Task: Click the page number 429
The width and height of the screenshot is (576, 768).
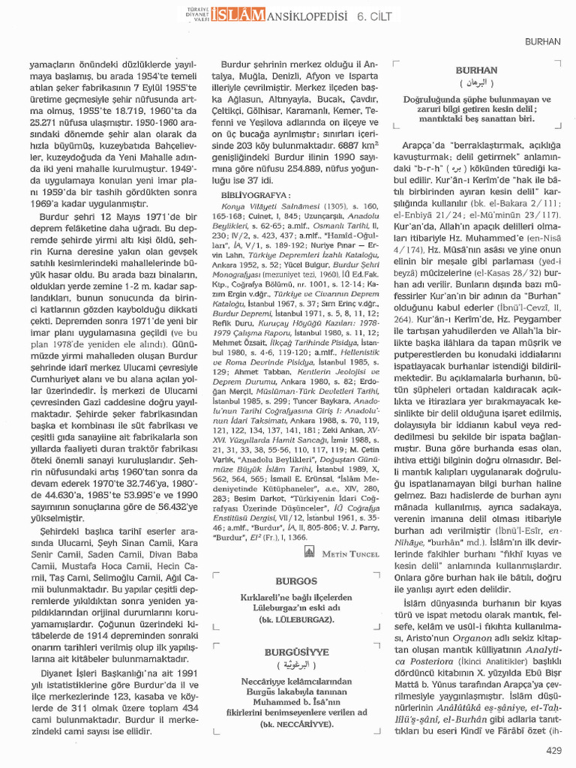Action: pos(553,750)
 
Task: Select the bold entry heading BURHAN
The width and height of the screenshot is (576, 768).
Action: pos(475,68)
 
